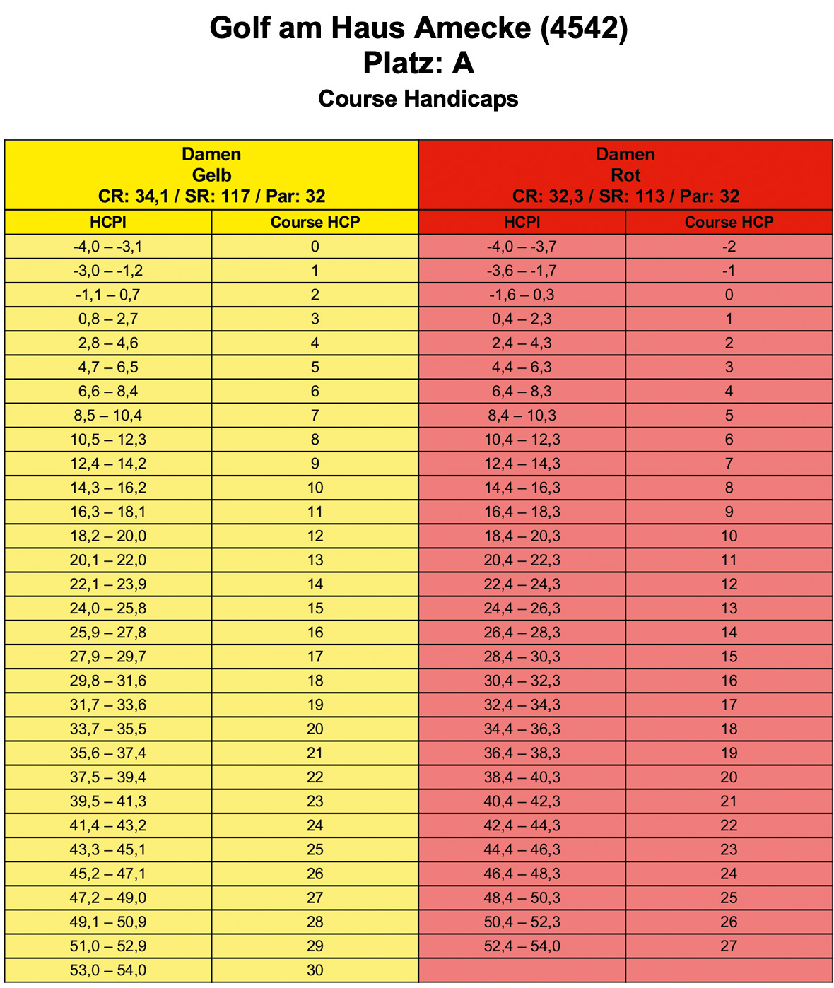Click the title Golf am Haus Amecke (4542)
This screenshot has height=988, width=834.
coord(418,28)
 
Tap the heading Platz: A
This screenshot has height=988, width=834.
coord(418,64)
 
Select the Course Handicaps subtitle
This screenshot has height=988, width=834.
coord(418,99)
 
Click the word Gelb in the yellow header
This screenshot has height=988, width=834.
coord(211,175)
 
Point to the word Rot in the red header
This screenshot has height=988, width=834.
coord(625,175)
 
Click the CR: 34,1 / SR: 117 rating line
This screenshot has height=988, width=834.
coord(211,196)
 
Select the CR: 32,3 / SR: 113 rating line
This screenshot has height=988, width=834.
coord(625,196)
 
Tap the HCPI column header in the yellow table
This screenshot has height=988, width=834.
coord(108,223)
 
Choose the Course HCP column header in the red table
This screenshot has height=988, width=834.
coord(729,223)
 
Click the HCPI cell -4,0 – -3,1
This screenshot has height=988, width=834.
coord(108,247)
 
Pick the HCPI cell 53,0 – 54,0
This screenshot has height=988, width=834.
coord(108,970)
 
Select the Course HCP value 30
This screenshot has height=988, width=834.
coord(315,970)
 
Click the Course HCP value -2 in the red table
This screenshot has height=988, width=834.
coord(729,247)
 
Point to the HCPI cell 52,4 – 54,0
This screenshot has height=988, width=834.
coord(522,946)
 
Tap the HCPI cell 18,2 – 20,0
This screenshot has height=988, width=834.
coord(108,536)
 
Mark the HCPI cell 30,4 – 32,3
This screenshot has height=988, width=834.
coord(522,681)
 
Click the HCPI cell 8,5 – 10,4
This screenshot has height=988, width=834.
coord(108,416)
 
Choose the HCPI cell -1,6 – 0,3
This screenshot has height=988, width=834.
coord(522,295)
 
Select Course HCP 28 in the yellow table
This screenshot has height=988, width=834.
coord(315,922)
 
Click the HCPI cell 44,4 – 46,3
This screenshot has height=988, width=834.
coord(522,849)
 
